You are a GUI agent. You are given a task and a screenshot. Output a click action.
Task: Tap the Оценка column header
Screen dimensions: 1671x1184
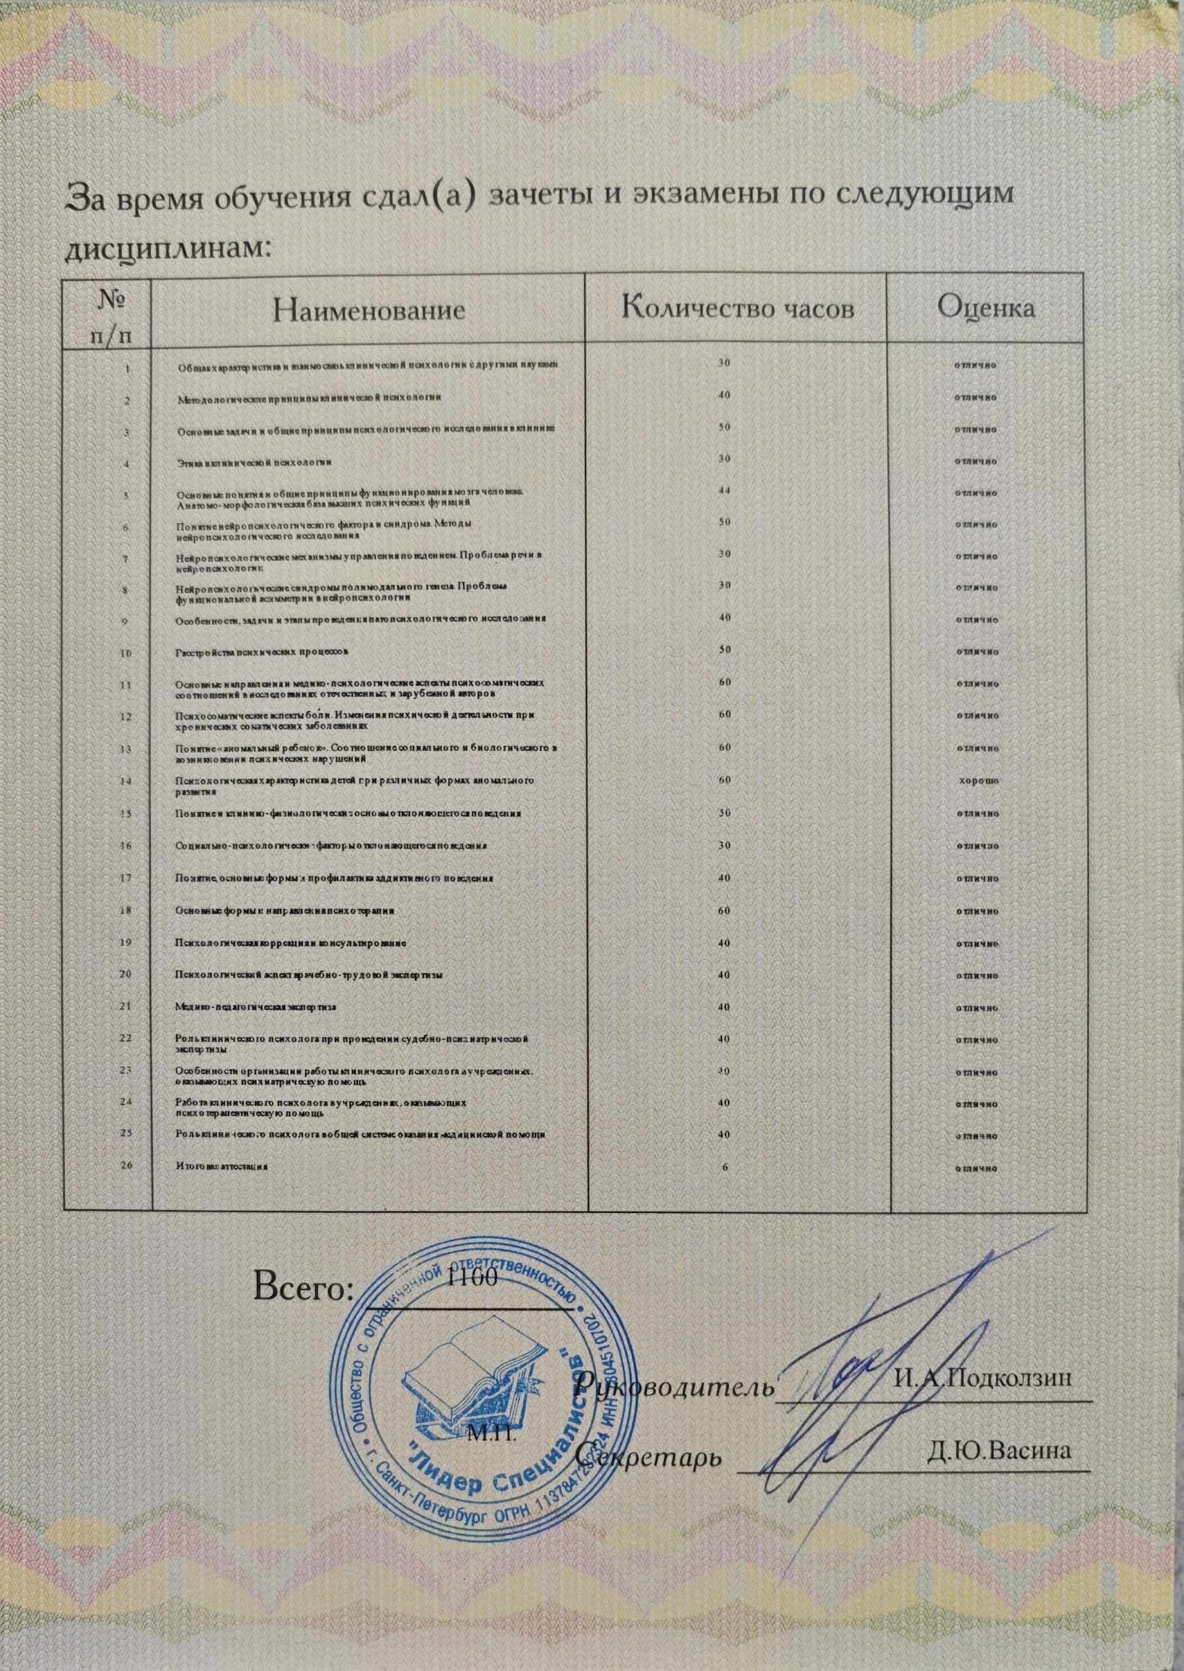click(x=986, y=307)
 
